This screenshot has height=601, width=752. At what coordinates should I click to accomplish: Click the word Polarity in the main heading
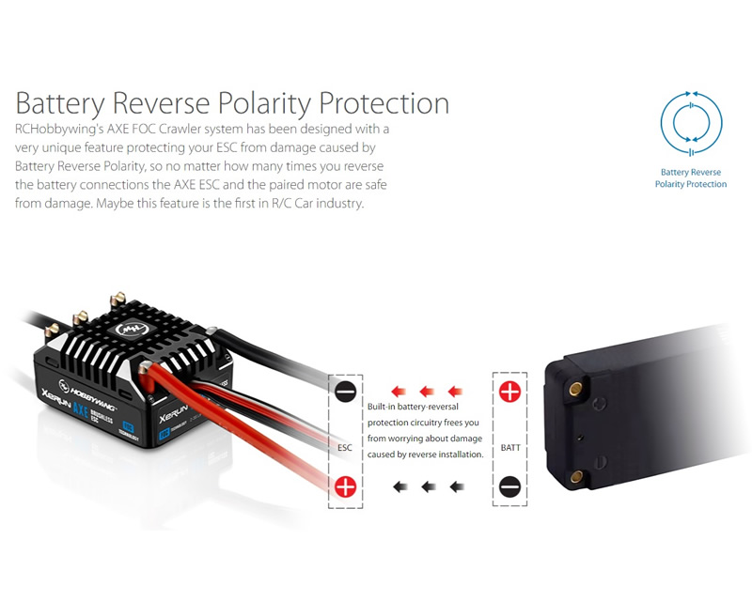pyautogui.click(x=263, y=103)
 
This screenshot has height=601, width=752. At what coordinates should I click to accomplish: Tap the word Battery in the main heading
pyautogui.click(x=60, y=103)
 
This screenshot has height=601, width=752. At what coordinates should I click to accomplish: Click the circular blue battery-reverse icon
pyautogui.click(x=691, y=123)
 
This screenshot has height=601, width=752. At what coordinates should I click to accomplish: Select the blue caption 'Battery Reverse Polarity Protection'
pyautogui.click(x=691, y=177)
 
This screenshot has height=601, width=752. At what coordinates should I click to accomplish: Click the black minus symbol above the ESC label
pyautogui.click(x=345, y=392)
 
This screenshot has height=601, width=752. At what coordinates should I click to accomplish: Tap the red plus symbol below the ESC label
pyautogui.click(x=345, y=486)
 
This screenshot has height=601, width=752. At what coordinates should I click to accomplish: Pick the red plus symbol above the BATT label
pyautogui.click(x=509, y=392)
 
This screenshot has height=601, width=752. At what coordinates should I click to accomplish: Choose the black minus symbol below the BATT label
pyautogui.click(x=509, y=487)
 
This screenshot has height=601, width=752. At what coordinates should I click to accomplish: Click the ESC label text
pyautogui.click(x=345, y=448)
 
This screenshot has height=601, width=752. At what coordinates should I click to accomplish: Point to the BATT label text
pyautogui.click(x=510, y=448)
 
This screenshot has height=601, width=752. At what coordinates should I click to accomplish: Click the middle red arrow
pyautogui.click(x=427, y=392)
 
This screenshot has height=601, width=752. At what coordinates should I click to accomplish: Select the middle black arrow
pyautogui.click(x=429, y=487)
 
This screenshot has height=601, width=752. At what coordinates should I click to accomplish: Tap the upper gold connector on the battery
pyautogui.click(x=575, y=389)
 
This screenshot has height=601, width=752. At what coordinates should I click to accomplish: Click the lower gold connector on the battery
pyautogui.click(x=576, y=476)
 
